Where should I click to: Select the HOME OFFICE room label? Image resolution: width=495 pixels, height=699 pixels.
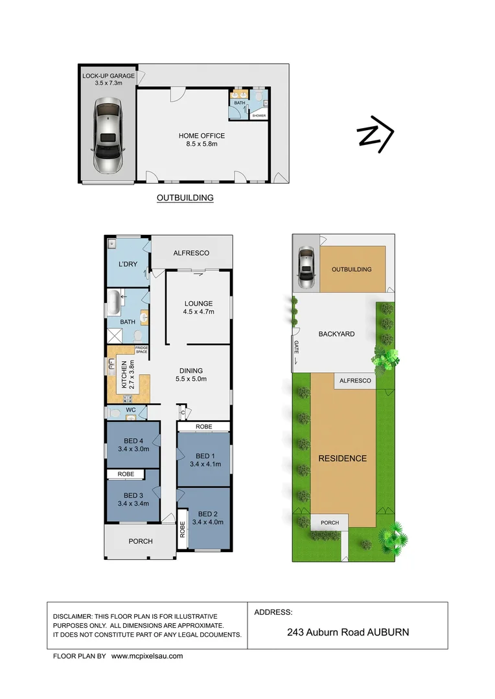[x=202, y=136]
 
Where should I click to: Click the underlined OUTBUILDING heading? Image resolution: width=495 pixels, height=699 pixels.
[x=185, y=198]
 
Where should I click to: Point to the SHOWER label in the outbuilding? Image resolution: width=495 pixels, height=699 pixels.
[x=259, y=116]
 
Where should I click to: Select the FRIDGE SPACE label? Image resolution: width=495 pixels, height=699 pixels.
[x=142, y=351]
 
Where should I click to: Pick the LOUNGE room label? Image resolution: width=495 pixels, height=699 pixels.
[x=198, y=303]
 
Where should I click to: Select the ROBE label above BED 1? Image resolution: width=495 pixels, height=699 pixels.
[x=203, y=427]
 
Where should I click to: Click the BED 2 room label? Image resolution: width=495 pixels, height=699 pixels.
[x=209, y=515]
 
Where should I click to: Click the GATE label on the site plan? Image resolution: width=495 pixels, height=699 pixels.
[x=297, y=346]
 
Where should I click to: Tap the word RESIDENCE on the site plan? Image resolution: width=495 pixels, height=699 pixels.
[x=342, y=458]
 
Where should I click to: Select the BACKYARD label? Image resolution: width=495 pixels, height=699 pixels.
[x=336, y=334]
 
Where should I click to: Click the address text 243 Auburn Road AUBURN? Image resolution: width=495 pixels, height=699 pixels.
[x=348, y=632]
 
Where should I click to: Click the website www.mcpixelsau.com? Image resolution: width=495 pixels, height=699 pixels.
[x=147, y=656]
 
